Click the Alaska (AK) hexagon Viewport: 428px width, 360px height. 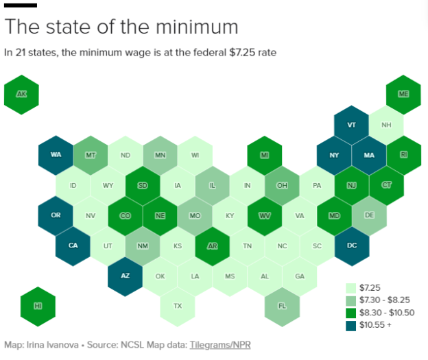21,94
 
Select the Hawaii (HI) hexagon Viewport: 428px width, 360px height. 38,305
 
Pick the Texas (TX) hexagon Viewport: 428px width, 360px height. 178,305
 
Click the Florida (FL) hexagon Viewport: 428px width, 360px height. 282,305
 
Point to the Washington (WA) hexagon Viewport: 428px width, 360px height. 56,155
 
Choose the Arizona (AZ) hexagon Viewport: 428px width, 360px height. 126,275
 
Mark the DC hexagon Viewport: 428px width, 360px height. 352,245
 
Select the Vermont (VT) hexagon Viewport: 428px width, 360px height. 352,125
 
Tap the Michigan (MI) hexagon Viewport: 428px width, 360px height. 265,155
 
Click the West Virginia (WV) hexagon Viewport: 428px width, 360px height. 265,215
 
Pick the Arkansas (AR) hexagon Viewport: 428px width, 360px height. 213,245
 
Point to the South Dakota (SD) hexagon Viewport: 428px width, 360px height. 143,185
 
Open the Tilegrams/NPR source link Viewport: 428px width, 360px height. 219,345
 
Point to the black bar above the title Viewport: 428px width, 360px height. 21,5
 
